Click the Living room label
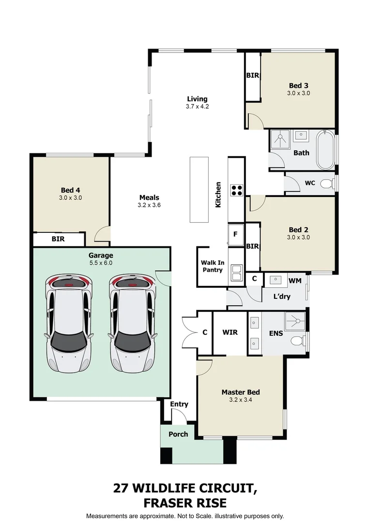coord(197,99)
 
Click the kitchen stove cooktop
coord(236,190)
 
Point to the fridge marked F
coord(235,234)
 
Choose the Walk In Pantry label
coord(213,266)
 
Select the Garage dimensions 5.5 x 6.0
coord(101,263)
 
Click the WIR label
coord(230,332)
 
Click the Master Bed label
coord(241,392)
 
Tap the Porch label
coord(178,434)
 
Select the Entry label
coord(179,404)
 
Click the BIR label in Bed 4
coord(59,239)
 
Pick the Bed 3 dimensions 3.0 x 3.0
coord(298,93)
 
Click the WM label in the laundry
coord(294,280)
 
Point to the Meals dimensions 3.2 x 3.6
coord(149,205)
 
